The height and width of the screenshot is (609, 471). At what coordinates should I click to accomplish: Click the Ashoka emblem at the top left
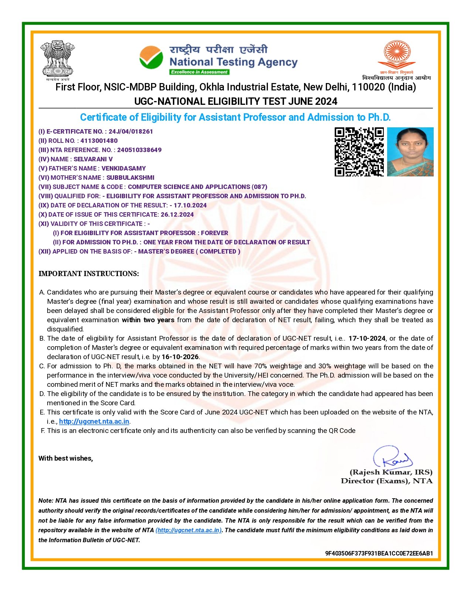[x=57, y=59]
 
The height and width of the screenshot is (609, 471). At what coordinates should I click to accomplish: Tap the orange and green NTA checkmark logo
[x=151, y=57]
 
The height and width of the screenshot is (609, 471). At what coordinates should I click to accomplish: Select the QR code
[x=359, y=152]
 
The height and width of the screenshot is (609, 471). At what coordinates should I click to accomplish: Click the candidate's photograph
[x=410, y=152]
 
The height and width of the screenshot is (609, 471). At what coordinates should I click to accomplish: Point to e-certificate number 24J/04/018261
[x=130, y=131]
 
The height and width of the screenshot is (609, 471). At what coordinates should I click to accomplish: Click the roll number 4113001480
[x=99, y=141]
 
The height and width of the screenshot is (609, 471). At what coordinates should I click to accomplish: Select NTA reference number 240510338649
[x=139, y=150]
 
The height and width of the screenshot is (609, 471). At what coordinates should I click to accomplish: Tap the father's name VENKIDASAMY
[x=124, y=168]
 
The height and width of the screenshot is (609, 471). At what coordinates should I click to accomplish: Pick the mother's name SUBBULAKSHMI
[x=130, y=178]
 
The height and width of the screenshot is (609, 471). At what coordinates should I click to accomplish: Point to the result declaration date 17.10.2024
[x=190, y=205]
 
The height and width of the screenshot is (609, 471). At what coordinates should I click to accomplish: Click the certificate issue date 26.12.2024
[x=177, y=214]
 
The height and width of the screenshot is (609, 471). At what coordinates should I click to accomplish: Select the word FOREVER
[x=215, y=233]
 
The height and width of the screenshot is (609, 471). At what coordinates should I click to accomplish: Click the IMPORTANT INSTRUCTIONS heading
[x=89, y=273]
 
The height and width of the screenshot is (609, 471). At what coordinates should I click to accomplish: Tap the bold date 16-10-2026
[x=180, y=357]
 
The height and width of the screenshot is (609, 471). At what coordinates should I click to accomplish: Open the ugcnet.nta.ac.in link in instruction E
[x=94, y=422]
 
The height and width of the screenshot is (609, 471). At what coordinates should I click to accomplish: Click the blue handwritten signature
[x=393, y=458]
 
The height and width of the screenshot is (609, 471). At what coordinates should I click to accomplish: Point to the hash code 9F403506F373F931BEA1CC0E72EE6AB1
[x=379, y=553]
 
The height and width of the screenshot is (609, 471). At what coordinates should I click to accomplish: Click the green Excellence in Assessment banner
[x=199, y=72]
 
